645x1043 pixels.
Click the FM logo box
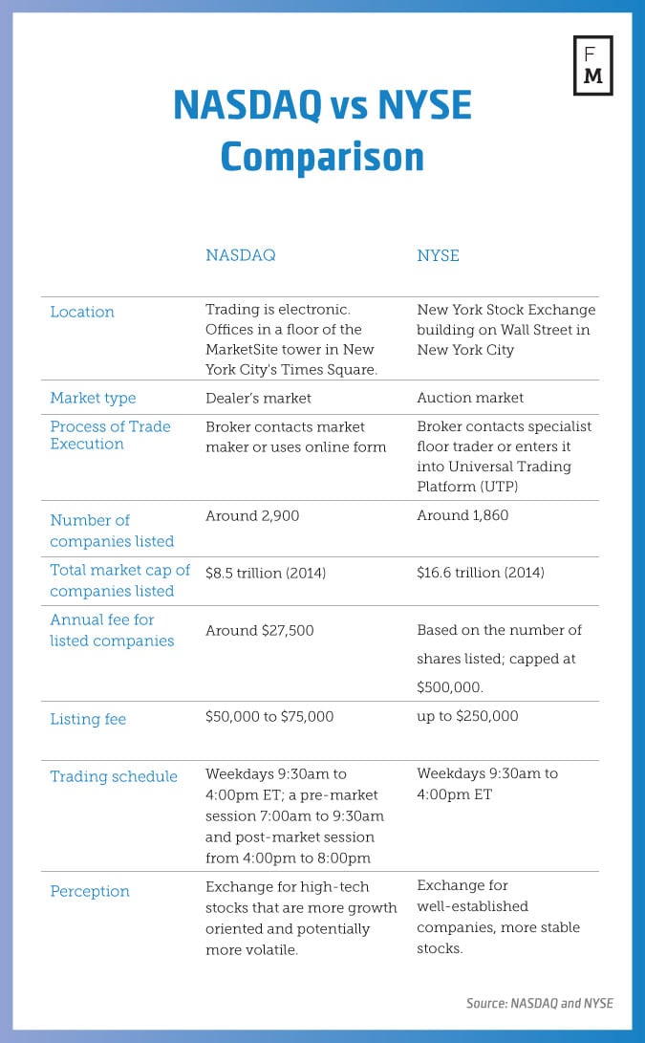592,66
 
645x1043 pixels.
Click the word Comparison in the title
322,156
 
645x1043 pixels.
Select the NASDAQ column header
240,255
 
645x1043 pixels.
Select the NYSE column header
438,255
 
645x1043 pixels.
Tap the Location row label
82,312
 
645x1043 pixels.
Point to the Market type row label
93,398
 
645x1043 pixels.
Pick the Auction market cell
470,398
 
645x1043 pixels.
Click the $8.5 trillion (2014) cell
266,573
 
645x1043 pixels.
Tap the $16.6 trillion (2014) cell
481,573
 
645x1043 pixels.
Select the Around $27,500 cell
259,630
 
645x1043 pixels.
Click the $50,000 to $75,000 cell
269,716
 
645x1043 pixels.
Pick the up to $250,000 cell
467,716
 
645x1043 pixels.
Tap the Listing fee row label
88,719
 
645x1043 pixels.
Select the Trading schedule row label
114,776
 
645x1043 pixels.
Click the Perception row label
90,891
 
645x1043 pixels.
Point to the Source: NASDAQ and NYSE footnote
539,1003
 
